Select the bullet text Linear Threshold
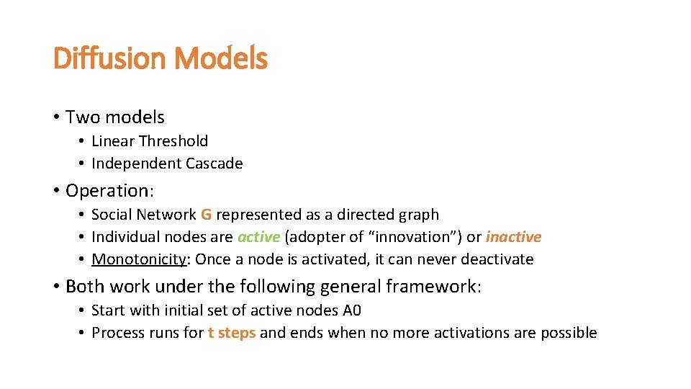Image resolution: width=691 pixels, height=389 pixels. tap(150, 141)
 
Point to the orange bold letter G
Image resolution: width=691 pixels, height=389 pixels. tap(206, 215)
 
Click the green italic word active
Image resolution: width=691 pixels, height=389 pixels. tap(258, 237)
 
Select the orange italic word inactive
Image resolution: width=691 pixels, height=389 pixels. tap(513, 237)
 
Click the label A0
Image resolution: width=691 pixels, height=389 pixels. tap(352, 310)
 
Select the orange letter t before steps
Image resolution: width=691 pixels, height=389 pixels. tap(211, 333)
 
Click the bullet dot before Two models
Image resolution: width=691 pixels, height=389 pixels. tap(55, 117)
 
